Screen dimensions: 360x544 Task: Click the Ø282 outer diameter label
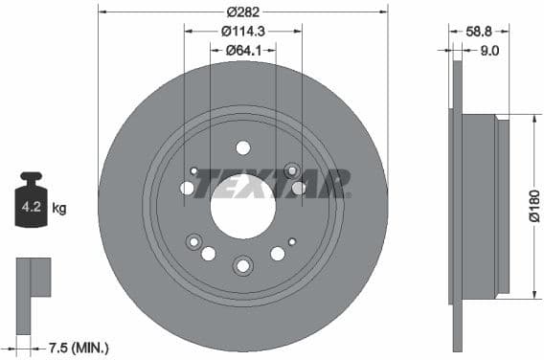[243, 12]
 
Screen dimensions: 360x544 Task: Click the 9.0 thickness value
[488, 51]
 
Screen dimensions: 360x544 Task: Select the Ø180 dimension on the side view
[534, 207]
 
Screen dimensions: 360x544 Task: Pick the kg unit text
[58, 207]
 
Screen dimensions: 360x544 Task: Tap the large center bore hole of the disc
[242, 207]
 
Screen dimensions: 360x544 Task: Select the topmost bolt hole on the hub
[242, 147]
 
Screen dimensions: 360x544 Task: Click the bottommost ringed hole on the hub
[242, 265]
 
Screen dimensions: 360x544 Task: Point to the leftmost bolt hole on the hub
[187, 188]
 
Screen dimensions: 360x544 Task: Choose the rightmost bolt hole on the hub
[299, 188]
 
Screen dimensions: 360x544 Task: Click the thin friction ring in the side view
[457, 207]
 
